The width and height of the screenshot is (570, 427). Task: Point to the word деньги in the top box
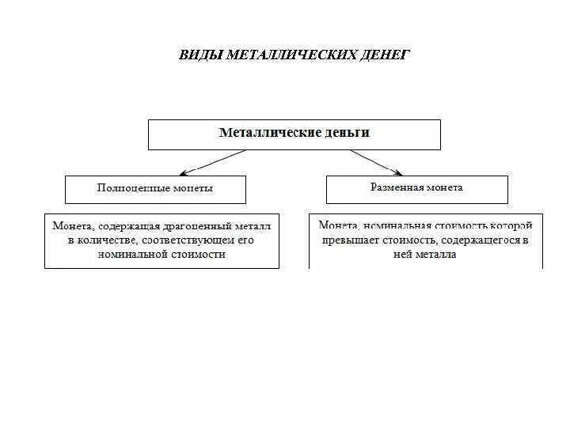[346, 133]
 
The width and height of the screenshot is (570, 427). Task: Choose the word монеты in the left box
[193, 188]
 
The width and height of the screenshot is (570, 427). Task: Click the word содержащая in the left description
[126, 225]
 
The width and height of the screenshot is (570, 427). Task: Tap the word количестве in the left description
[106, 240]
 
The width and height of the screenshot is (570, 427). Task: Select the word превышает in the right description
[348, 240]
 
